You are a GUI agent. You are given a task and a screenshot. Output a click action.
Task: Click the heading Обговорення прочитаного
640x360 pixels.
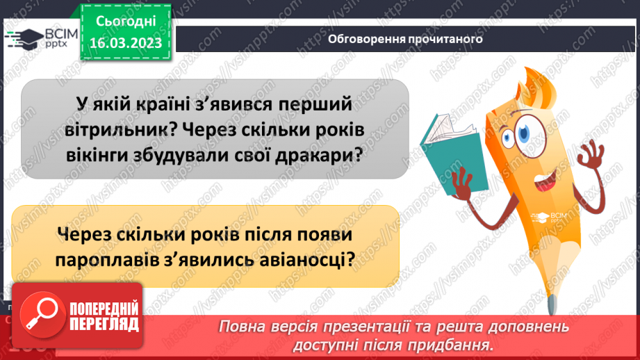[405, 40]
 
